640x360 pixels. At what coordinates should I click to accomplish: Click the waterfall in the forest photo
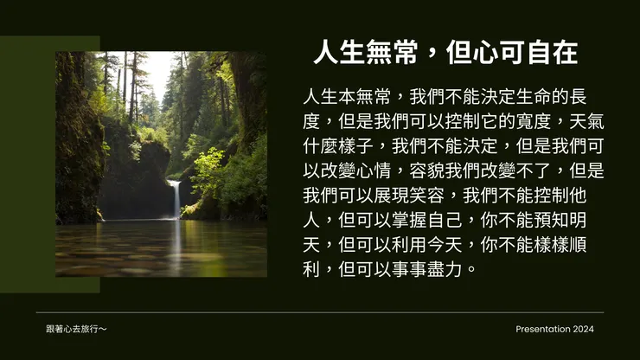pyautogui.click(x=176, y=199)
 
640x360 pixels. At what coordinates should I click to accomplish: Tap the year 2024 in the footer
pyautogui.click(x=584, y=329)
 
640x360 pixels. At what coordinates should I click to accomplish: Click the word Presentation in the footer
pyautogui.click(x=543, y=329)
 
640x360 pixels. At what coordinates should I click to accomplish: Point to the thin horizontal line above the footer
pyautogui.click(x=320, y=312)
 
